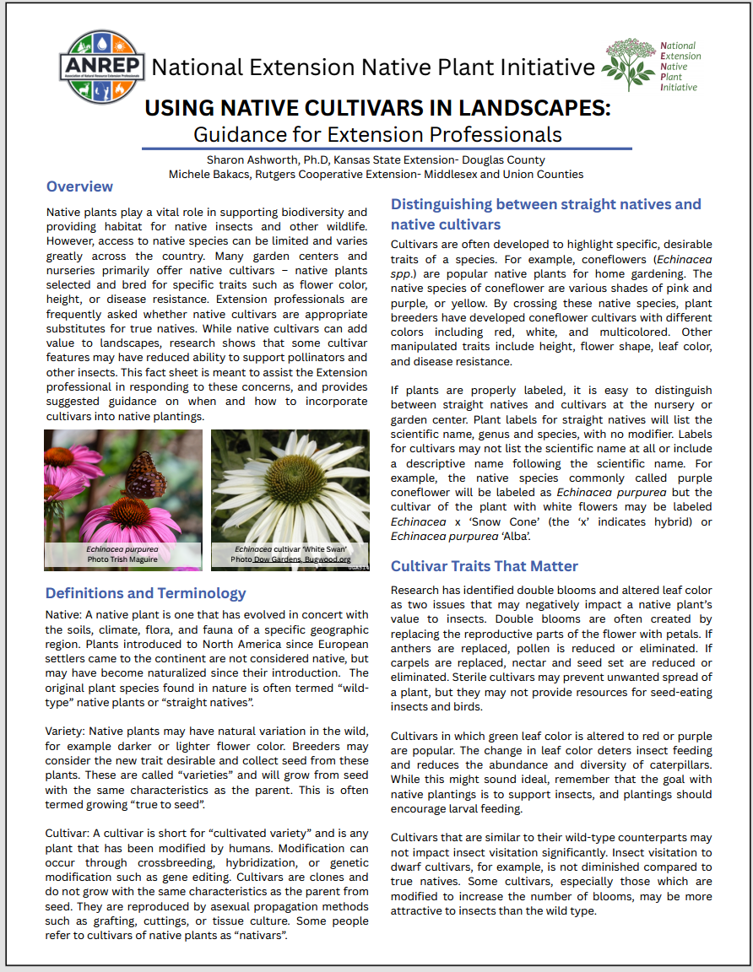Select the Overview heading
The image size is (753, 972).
click(79, 186)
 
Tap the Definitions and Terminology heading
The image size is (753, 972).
click(145, 593)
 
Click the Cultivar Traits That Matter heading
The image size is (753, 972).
click(484, 565)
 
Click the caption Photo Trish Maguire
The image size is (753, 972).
click(122, 559)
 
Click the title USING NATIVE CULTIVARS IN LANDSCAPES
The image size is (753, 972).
click(377, 109)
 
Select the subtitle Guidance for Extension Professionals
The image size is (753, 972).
click(377, 133)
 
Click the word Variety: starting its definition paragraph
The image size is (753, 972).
click(68, 732)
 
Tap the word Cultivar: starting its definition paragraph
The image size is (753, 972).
click(69, 834)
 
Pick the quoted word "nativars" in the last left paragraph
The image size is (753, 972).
click(261, 935)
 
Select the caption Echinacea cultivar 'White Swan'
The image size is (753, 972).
click(290, 548)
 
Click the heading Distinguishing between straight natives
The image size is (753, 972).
click(545, 204)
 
